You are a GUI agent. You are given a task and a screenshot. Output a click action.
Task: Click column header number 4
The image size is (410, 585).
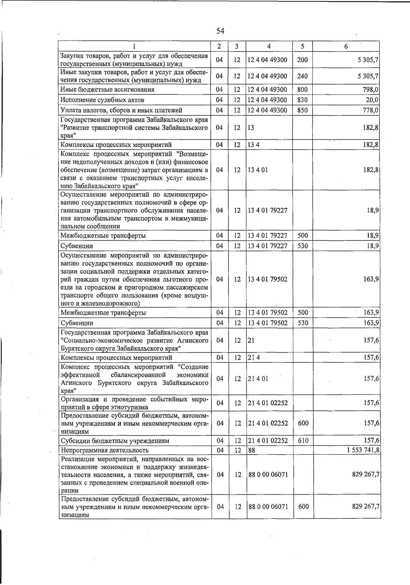269,46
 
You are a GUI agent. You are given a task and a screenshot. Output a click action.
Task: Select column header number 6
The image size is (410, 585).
346,46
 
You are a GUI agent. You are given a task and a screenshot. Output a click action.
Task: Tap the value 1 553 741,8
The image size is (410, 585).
363,450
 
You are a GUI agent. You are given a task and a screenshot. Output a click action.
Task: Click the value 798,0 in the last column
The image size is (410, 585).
371,90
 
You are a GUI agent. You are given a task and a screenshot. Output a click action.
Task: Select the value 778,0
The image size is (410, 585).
371,110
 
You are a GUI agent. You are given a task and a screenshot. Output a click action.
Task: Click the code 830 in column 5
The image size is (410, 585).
302,100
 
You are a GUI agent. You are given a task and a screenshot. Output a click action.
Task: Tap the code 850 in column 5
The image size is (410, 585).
302,110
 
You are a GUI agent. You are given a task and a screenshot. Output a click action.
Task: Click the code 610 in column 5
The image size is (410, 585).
303,441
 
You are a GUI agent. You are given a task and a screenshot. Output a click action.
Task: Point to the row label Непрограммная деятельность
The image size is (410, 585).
105,450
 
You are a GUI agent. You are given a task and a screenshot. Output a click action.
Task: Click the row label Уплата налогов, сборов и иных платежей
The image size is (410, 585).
121,110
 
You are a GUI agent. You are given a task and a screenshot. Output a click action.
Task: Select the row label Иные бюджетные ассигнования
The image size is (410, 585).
107,90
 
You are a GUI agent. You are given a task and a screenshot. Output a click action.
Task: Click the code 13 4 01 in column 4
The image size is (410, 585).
258,170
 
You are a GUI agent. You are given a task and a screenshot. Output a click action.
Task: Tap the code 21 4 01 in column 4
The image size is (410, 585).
258,379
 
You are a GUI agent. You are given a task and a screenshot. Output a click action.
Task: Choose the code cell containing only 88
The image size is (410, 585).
252,450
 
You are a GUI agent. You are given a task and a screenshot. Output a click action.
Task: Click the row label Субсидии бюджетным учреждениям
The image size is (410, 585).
115,441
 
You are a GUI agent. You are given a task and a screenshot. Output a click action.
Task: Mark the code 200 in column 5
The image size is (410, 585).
302,60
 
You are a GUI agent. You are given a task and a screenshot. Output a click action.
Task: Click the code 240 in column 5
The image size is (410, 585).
302,76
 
